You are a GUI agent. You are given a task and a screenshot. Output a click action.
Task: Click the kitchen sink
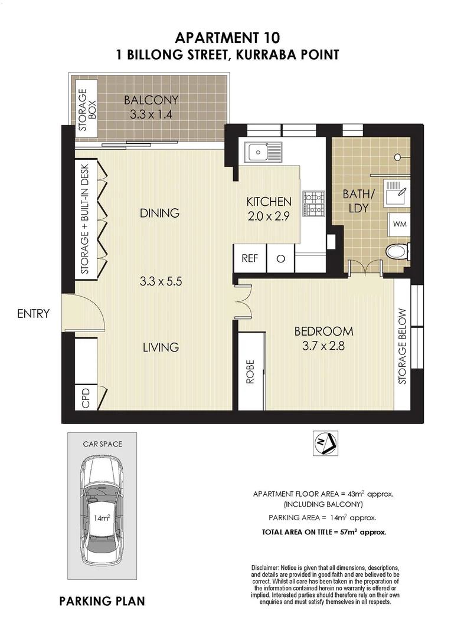click(x=264, y=152)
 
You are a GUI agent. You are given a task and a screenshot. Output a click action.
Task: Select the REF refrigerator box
click(x=250, y=258)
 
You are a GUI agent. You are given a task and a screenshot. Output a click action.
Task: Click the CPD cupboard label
click(x=86, y=398)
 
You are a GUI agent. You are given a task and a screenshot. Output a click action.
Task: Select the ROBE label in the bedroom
click(x=250, y=372)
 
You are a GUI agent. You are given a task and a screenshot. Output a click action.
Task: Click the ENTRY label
click(x=33, y=314)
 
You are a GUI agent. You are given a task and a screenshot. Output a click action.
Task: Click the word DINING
click(x=159, y=213)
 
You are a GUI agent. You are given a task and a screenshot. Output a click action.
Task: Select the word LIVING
click(x=161, y=347)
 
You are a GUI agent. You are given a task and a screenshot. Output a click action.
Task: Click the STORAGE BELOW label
click(x=402, y=346)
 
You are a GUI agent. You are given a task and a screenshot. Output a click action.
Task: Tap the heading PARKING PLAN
click(x=102, y=602)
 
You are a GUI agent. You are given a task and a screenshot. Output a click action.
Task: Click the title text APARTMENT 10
click(x=225, y=38)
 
